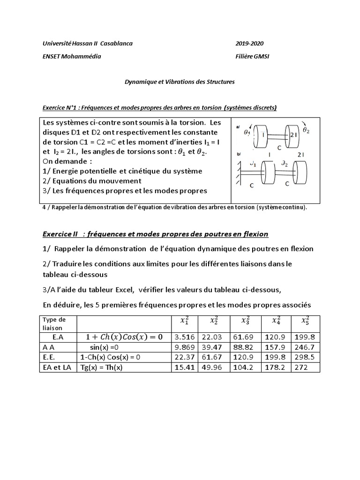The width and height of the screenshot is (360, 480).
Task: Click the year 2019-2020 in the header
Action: click(x=249, y=44)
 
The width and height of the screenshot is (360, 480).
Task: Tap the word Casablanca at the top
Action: click(x=115, y=44)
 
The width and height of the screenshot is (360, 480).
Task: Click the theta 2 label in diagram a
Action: click(x=306, y=130)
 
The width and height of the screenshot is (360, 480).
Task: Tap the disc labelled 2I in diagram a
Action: click(x=292, y=135)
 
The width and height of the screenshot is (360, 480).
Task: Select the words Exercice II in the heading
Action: click(x=60, y=233)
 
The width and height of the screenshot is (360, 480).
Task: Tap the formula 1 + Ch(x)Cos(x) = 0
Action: click(x=124, y=337)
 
